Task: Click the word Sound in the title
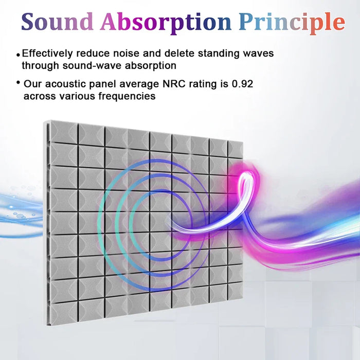point(58,22)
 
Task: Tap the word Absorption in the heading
point(166,22)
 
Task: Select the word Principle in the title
point(292,22)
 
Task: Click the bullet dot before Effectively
point(18,54)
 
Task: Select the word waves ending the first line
point(259,53)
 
